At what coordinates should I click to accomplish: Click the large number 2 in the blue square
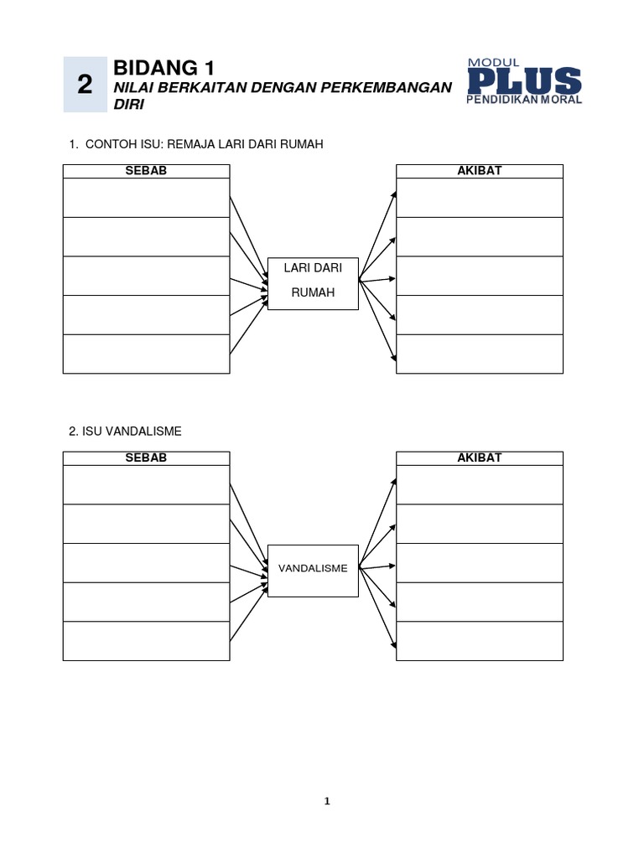coord(85,85)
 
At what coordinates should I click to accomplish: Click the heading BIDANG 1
coord(164,68)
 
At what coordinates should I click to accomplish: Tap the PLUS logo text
coord(525,81)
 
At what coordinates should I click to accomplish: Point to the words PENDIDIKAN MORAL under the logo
coord(524,100)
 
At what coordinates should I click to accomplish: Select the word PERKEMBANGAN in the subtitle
coord(386,87)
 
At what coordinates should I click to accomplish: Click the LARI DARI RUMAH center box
coord(313,283)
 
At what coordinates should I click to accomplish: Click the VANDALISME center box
coord(313,571)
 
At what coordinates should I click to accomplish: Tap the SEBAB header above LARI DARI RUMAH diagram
coord(146,171)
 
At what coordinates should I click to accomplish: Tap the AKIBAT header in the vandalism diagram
coord(479,458)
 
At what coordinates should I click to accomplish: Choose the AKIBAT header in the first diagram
coord(479,171)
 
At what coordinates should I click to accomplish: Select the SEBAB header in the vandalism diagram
coord(146,458)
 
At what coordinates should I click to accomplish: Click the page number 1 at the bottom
coord(328,801)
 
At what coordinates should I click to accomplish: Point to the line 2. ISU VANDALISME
coord(125,432)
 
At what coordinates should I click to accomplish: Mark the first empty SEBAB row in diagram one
coord(146,198)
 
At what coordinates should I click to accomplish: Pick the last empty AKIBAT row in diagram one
coord(479,354)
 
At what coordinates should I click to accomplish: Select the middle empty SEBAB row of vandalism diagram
coord(146,563)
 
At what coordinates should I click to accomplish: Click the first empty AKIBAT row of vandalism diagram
coord(479,485)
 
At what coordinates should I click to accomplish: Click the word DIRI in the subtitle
coord(128,105)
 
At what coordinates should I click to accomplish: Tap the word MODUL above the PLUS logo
coord(493,63)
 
